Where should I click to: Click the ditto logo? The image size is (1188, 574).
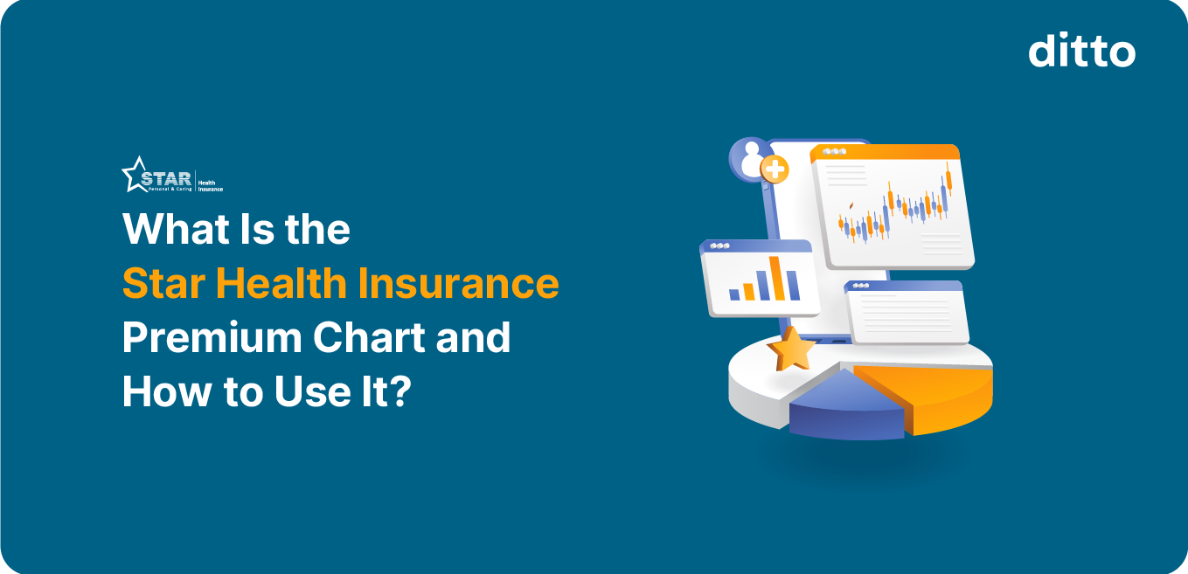click(1081, 52)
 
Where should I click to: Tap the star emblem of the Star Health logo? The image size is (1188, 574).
click(137, 175)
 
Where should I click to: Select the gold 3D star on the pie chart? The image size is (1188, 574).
click(791, 349)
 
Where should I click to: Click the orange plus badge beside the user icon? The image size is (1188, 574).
click(775, 169)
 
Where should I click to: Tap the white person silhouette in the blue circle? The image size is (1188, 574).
click(749, 158)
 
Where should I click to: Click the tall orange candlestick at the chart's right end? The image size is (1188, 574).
click(947, 182)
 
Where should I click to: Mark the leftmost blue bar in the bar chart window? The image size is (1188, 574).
click(735, 294)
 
